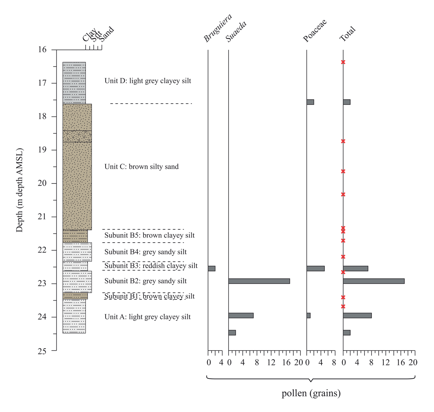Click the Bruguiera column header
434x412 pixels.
[217, 28]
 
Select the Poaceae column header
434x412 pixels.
[315, 30]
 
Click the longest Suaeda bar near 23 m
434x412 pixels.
[259, 281]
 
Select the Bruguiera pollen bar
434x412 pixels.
[212, 268]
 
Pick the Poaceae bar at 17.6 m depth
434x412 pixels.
[310, 102]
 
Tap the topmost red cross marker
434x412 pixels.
[343, 62]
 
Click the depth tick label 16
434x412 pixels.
[42, 50]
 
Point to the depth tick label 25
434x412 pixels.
[42, 351]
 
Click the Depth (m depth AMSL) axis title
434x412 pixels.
[20, 190]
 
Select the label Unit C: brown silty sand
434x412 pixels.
[141, 167]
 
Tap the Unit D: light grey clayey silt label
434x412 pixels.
[148, 81]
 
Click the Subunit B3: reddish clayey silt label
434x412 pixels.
[151, 266]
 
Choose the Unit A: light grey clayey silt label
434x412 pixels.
[147, 317]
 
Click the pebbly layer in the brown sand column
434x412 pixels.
[77, 136]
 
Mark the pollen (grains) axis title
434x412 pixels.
[311, 393]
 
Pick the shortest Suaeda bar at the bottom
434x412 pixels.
[232, 333]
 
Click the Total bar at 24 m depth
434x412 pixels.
[357, 315]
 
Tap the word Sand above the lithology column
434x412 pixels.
[107, 34]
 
